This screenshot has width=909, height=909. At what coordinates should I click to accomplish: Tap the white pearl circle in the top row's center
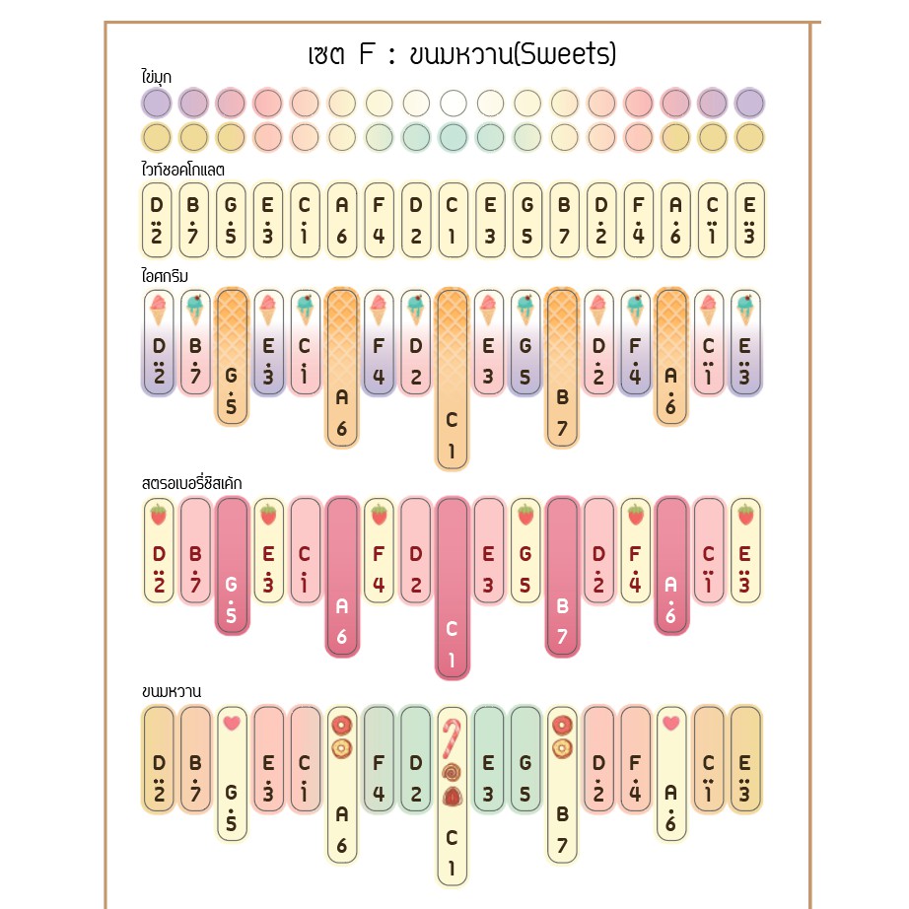[x=454, y=103]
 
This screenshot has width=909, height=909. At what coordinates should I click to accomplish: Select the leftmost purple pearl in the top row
[x=157, y=103]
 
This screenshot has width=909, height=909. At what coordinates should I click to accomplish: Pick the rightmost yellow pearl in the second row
[x=749, y=137]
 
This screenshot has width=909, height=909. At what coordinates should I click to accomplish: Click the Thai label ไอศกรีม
[x=165, y=275]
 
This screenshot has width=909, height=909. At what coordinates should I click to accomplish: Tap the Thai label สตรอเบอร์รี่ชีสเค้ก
[x=191, y=483]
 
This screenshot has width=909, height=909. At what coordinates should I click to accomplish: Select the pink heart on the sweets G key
[x=231, y=723]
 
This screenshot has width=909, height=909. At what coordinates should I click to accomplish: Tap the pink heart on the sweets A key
[x=671, y=723]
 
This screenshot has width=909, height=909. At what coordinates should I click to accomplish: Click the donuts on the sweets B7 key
[x=563, y=735]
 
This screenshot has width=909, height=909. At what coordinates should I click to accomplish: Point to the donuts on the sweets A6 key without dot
[x=342, y=735]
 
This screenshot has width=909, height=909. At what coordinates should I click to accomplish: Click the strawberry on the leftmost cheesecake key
[x=158, y=515]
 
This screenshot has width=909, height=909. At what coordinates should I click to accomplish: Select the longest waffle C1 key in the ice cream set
[x=453, y=379]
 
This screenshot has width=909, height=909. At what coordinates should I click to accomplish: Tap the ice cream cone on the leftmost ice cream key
[x=158, y=310]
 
